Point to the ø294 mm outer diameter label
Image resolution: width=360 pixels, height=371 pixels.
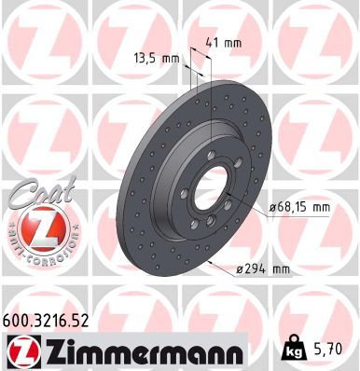263,270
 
